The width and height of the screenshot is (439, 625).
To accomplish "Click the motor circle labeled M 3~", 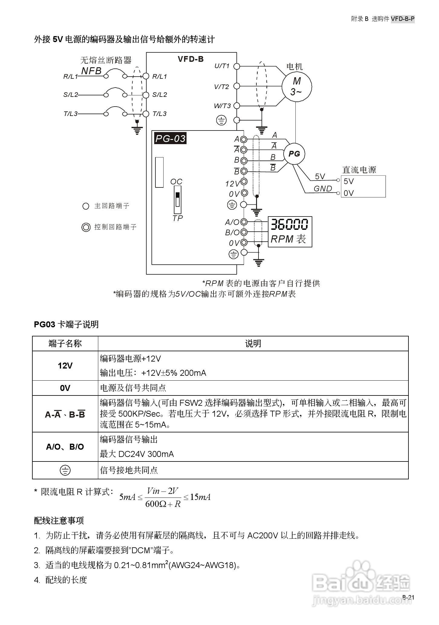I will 297,86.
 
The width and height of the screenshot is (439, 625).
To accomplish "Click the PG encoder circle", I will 294,154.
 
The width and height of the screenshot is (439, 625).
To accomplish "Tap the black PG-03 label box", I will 170,138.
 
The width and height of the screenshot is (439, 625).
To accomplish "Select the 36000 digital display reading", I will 289,225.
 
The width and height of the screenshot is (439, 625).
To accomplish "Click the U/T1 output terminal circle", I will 237,66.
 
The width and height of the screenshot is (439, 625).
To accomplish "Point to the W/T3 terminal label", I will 222,106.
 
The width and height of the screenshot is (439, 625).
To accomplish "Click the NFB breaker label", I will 91,71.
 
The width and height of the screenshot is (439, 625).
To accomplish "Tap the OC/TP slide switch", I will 177,199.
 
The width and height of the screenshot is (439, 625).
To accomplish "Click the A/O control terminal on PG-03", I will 244,222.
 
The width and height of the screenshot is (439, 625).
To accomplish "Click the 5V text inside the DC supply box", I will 349,181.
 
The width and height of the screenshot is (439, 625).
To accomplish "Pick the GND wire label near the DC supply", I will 323,189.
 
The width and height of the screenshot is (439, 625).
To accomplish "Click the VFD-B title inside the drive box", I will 190,59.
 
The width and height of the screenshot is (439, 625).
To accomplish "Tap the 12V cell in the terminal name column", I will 65,366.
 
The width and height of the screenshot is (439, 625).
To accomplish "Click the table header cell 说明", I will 253,344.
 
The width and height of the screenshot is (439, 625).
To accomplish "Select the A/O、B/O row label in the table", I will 65,447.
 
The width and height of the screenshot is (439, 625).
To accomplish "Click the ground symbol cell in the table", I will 65,470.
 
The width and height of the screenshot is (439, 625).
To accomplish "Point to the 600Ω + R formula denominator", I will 163,504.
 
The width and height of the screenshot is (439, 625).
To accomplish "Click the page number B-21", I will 408,597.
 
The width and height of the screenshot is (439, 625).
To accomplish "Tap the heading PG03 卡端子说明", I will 66,324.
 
